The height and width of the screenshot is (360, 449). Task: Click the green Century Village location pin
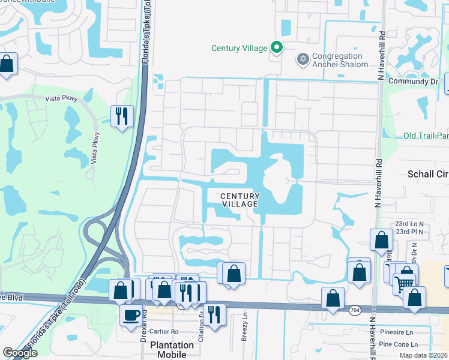tap(276, 47)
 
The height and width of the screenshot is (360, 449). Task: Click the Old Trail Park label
tap(426, 136)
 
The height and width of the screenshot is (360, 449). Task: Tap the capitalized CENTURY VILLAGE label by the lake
tap(240, 200)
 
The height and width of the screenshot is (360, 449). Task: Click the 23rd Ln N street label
tap(409, 223)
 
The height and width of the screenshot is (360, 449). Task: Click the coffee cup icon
tap(131, 314)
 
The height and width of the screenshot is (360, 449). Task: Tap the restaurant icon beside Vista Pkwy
tap(122, 115)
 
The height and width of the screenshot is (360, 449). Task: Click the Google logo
tap(20, 353)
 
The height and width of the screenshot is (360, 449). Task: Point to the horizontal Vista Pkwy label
tap(61, 98)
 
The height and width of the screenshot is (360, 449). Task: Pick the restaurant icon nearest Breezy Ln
tap(214, 314)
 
